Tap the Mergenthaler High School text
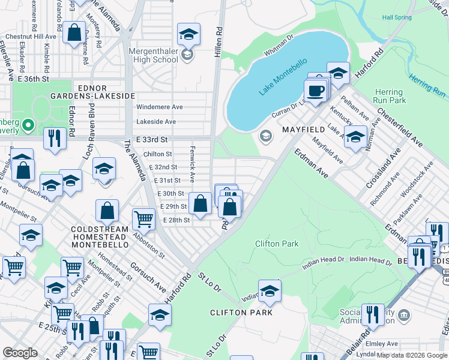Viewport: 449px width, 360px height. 153,56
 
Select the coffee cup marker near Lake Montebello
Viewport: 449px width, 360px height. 315,91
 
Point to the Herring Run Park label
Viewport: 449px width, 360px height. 389,96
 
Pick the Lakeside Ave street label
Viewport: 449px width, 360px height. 156,121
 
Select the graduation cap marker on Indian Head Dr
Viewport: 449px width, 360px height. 270,290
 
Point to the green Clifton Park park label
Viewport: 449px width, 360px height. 277,244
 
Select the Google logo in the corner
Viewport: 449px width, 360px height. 20,353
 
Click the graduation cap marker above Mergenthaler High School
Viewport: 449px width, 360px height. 188,34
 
